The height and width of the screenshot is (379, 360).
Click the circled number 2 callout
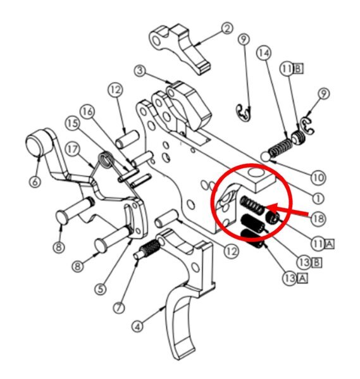[x=227, y=28]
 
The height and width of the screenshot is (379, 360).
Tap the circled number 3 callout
[x=140, y=71]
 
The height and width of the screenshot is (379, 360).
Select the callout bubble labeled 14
[x=264, y=53]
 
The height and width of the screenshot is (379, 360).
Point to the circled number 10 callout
[x=319, y=178]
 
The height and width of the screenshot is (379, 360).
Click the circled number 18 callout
[x=318, y=219]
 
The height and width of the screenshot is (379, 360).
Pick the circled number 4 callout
[x=137, y=327]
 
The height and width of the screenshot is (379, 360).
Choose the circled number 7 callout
[x=119, y=308]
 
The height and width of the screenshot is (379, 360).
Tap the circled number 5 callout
[x=101, y=289]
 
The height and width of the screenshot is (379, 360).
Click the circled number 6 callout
[x=35, y=182]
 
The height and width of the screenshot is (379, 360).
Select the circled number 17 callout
[x=73, y=149]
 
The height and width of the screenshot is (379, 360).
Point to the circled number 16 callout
[x=87, y=111]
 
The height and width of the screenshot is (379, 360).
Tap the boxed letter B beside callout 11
[x=298, y=69]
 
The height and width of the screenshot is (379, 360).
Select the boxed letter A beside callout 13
[x=302, y=278]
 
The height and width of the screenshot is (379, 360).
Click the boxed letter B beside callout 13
[x=316, y=263]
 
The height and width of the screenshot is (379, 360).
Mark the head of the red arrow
[x=266, y=207]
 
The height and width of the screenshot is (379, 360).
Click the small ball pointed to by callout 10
[x=266, y=156]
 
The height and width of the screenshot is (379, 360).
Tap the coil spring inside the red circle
[x=252, y=204]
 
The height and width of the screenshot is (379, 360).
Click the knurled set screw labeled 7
[x=147, y=249]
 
